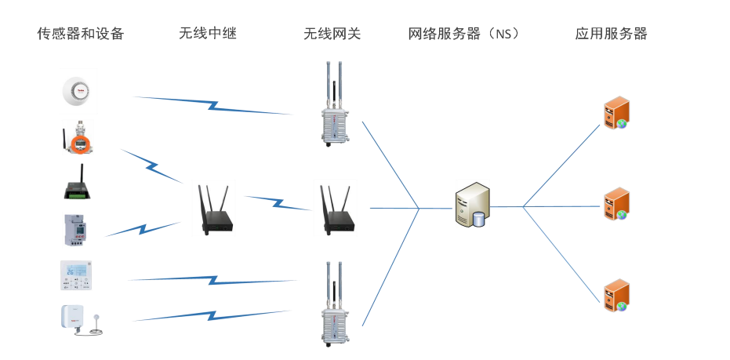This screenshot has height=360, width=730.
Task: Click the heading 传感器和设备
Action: click(x=81, y=34)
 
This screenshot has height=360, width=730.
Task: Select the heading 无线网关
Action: click(x=332, y=34)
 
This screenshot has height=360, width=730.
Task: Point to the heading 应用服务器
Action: click(x=612, y=34)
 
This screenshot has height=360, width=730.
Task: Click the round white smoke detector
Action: click(x=78, y=91)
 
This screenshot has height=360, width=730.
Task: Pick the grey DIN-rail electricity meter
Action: click(x=78, y=230)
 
